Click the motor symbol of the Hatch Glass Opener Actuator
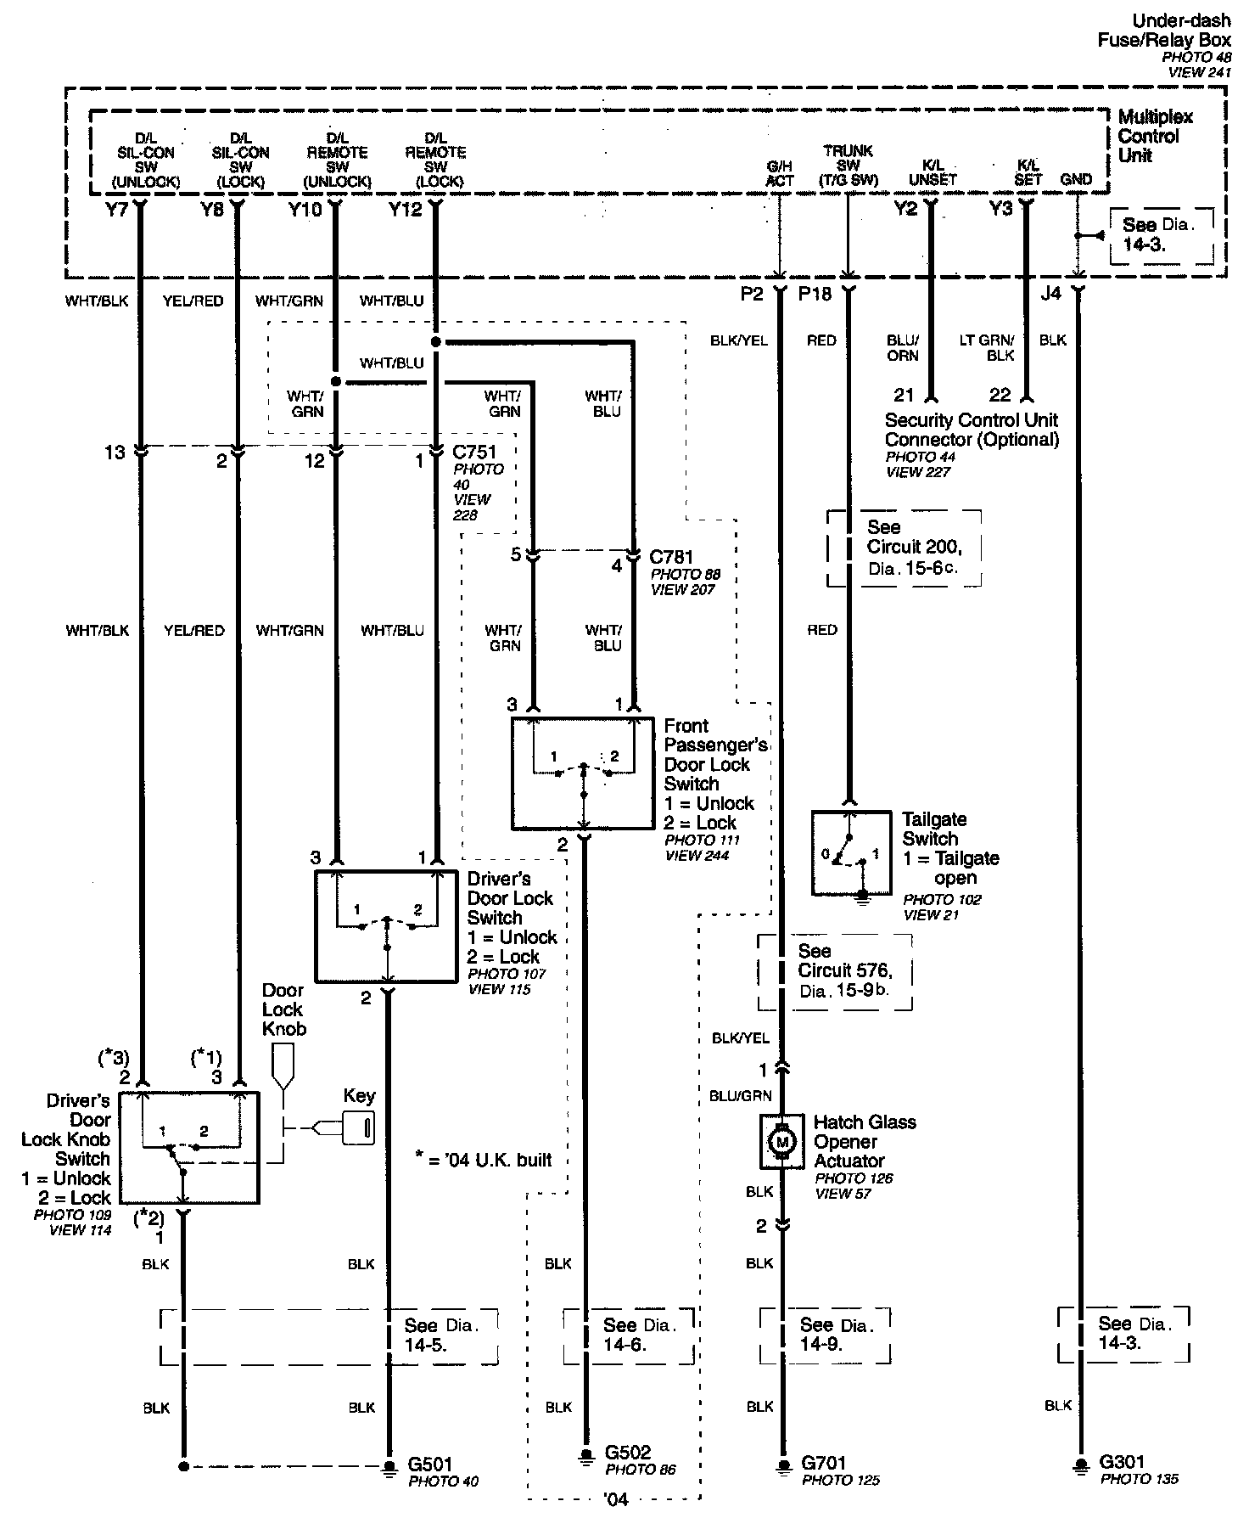pyautogui.click(x=782, y=1142)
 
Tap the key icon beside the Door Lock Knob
pyautogui.click(x=357, y=1127)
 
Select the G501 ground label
pyautogui.click(x=431, y=1464)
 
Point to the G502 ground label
pyautogui.click(x=628, y=1452)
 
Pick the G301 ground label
pyautogui.click(x=1122, y=1462)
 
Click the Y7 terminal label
pyautogui.click(x=116, y=209)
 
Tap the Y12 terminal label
pyautogui.click(x=405, y=209)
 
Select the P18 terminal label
pyautogui.click(x=815, y=294)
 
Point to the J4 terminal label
pyautogui.click(x=1050, y=293)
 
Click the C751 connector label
pyautogui.click(x=475, y=453)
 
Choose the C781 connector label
pyautogui.click(x=671, y=557)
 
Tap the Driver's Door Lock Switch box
pyautogui.click(x=386, y=925)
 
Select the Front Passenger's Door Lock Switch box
pyautogui.click(x=583, y=773)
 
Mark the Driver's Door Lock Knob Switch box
pyautogui.click(x=188, y=1147)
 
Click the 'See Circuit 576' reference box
pyautogui.click(x=835, y=971)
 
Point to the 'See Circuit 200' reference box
pyautogui.click(x=904, y=548)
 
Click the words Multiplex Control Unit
pyautogui.click(x=1155, y=136)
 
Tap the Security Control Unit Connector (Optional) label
pyautogui.click(x=972, y=430)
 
